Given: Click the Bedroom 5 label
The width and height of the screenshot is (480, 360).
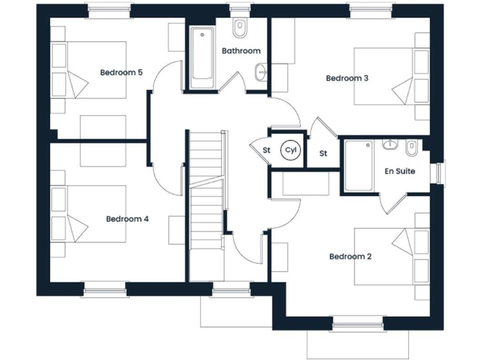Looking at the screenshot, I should tap(121, 72).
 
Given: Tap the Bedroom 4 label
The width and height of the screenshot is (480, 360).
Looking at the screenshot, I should tap(127, 219).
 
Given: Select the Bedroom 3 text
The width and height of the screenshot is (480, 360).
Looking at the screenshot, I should tap(347, 78).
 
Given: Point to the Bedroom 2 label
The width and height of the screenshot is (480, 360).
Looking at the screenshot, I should tap(350, 256).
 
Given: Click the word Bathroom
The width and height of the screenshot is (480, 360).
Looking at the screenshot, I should tap(241, 51).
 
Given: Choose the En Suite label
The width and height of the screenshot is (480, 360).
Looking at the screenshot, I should tap(400, 171).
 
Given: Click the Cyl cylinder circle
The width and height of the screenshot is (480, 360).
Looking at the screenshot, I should tap(289, 150).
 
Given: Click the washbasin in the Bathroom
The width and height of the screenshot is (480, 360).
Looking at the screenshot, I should tap(261, 74).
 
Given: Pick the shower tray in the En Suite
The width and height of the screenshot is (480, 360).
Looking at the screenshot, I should tap(359, 166).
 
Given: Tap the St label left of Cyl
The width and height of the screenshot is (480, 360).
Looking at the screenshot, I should tap(266, 151).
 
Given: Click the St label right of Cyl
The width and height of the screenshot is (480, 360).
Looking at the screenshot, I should tap(324, 153).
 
